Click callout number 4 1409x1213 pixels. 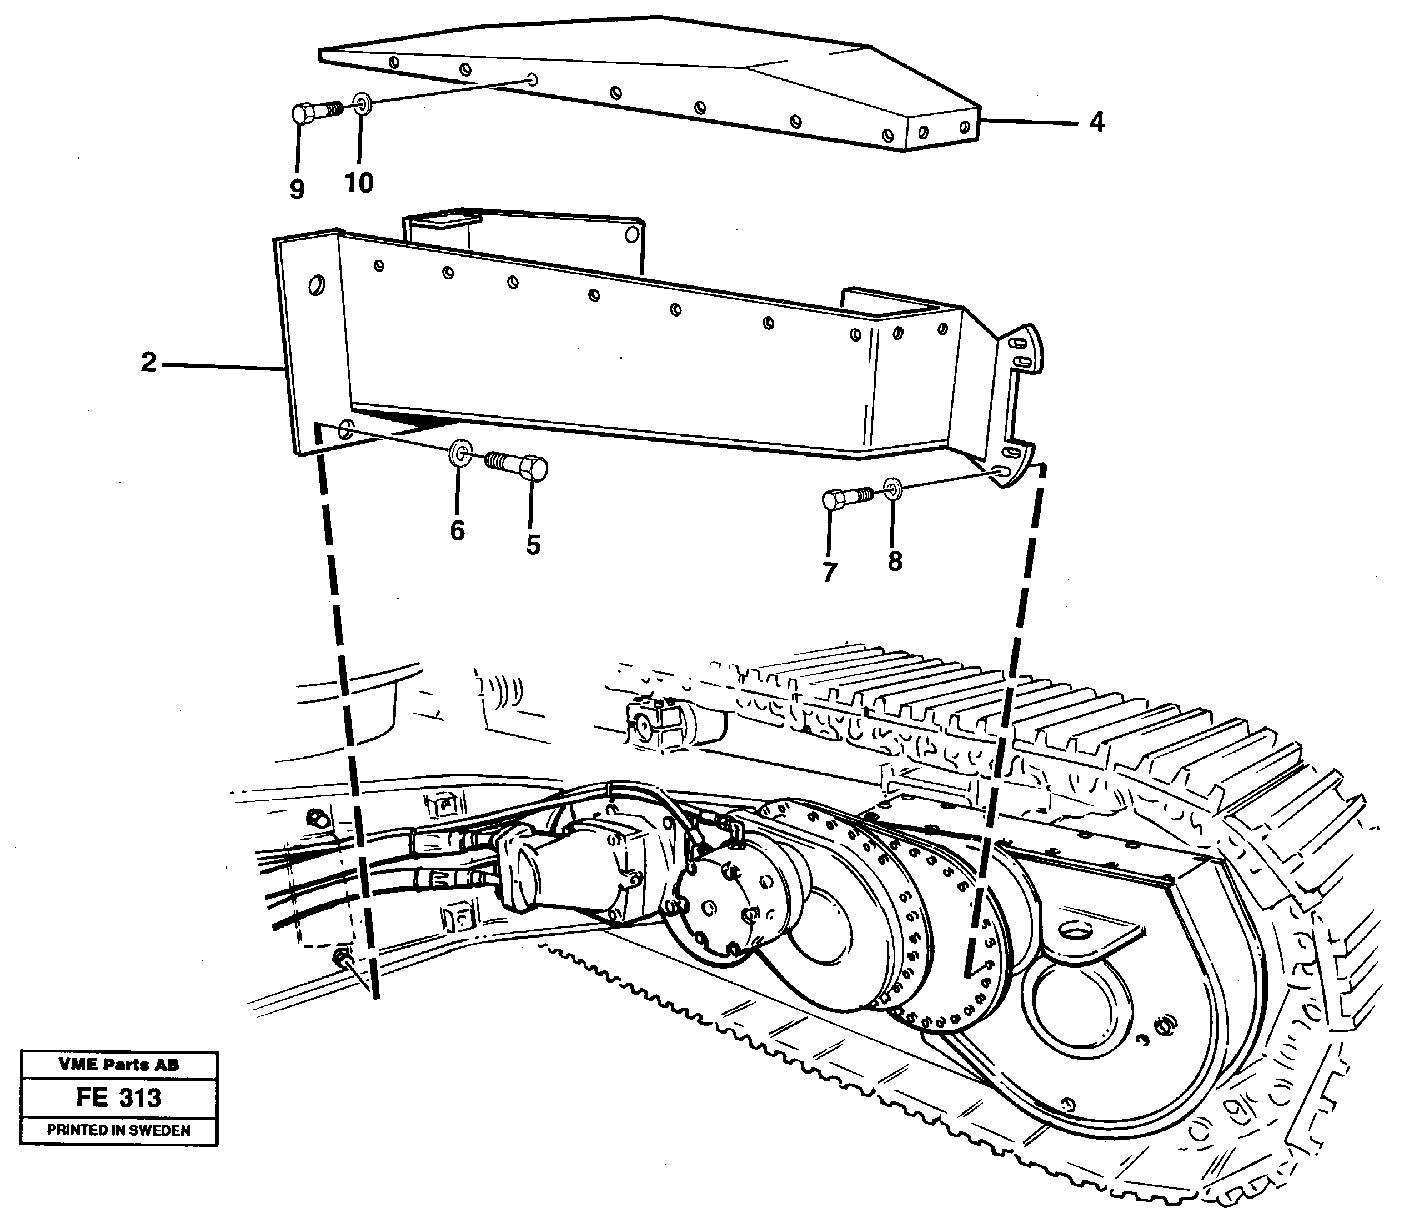[x=1096, y=123]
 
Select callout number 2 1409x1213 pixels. [x=148, y=363]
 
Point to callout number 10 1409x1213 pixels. [x=359, y=182]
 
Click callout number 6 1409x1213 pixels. [x=457, y=530]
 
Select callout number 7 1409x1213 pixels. [x=829, y=572]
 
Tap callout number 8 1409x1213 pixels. [x=895, y=561]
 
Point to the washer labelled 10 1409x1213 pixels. [x=361, y=105]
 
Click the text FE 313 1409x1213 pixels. [x=118, y=1097]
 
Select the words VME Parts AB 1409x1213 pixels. [x=118, y=1065]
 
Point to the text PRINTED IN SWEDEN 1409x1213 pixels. [x=118, y=1130]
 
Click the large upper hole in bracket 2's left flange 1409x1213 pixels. [x=315, y=284]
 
